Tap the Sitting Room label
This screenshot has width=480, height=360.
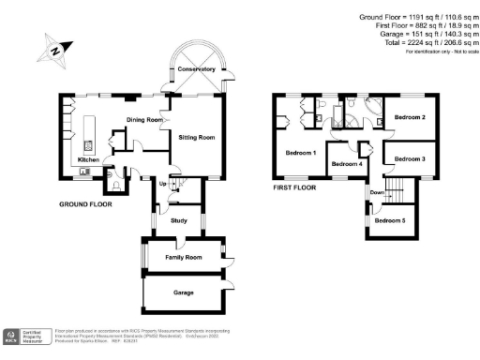[x=197, y=137]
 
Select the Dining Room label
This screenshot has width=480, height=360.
[x=145, y=120]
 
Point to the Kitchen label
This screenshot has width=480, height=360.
[x=89, y=160]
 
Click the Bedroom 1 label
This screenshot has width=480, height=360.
[x=301, y=152]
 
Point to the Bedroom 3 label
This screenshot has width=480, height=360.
[x=410, y=159]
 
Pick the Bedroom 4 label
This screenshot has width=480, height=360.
[x=347, y=165]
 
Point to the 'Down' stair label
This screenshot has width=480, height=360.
[x=377, y=192]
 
